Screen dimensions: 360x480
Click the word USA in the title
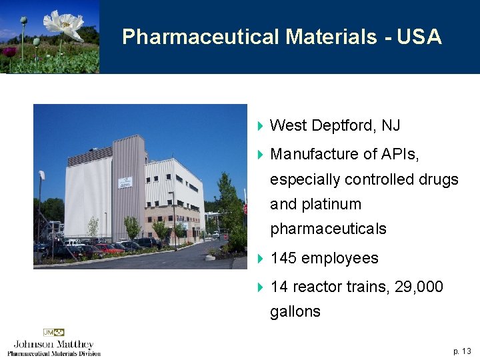point(419,37)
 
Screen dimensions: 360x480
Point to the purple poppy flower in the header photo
point(9,51)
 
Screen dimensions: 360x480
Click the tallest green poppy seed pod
point(24,21)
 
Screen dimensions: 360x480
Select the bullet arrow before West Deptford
point(261,126)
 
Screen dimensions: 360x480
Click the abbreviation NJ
point(391,125)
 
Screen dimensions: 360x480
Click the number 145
point(284,259)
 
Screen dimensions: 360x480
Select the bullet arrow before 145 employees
point(261,259)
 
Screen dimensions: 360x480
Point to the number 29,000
point(419,287)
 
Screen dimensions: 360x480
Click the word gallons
point(295,311)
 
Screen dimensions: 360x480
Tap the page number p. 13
point(462,351)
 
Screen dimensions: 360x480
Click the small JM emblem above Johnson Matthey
point(54,332)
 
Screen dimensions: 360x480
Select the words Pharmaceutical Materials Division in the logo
point(54,353)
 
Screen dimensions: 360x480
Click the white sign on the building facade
point(124,181)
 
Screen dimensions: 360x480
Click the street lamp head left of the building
point(42,175)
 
